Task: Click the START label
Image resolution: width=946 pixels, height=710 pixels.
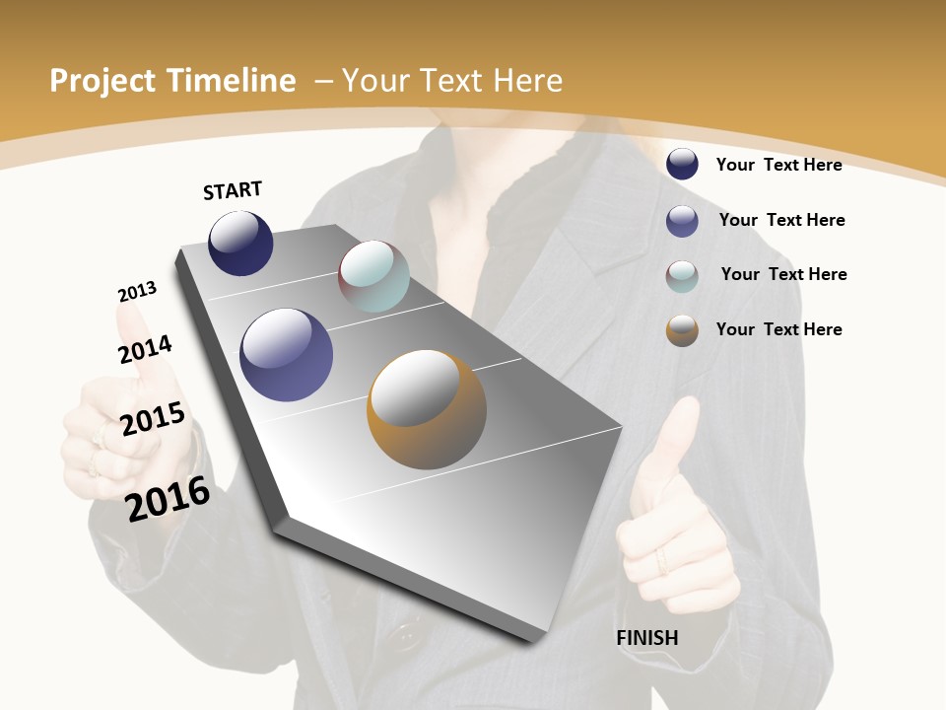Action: (233, 190)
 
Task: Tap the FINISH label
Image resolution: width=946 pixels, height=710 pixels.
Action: (647, 638)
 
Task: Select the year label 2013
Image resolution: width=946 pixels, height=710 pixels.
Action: (138, 292)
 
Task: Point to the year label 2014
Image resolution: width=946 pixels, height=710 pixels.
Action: (145, 349)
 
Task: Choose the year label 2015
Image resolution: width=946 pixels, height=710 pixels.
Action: (153, 418)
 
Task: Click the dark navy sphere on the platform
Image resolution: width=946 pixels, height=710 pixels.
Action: (240, 244)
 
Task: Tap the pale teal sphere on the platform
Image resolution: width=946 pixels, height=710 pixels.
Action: (373, 276)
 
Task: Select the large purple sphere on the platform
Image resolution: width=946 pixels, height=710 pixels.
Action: (287, 355)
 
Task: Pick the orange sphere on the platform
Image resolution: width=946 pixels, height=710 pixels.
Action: (427, 409)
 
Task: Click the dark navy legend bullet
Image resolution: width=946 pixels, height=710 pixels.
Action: (682, 164)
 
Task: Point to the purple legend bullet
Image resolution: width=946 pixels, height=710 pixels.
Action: (682, 221)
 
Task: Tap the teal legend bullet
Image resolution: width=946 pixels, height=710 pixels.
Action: (682, 276)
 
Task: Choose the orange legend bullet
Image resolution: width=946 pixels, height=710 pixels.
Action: (682, 330)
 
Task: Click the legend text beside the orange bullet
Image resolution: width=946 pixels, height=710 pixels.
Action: (778, 329)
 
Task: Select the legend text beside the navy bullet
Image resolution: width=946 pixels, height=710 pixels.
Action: (778, 165)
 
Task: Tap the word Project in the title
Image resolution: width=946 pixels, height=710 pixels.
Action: (101, 81)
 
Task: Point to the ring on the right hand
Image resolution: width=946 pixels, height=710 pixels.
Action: (662, 561)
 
